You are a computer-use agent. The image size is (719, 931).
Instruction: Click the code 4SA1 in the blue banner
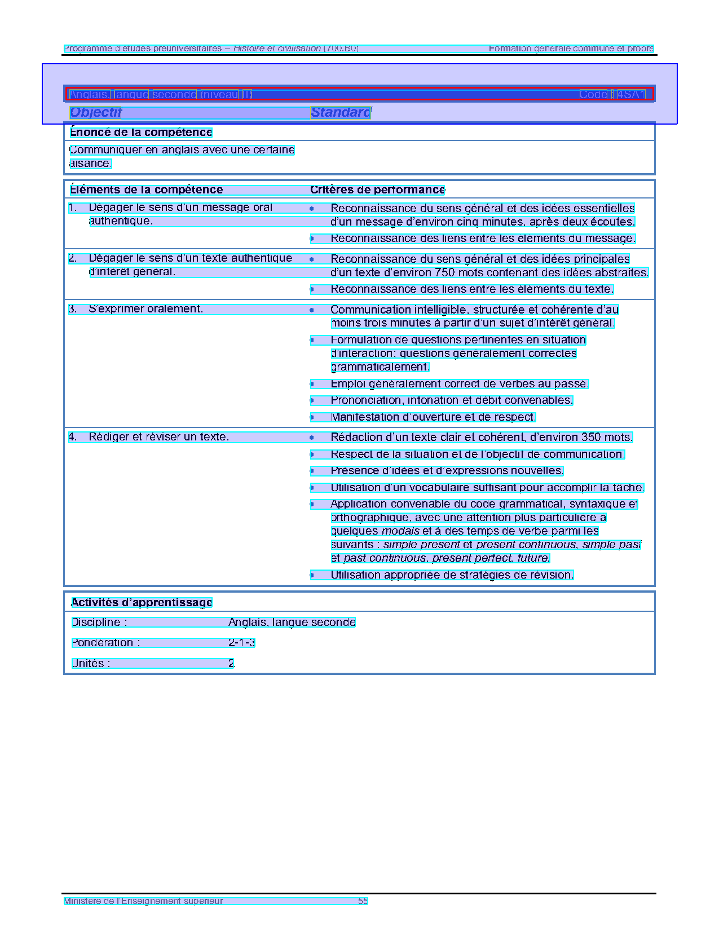630,94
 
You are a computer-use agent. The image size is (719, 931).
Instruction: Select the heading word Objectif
95,112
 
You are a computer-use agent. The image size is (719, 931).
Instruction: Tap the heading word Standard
341,112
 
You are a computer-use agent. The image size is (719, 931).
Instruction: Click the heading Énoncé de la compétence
141,133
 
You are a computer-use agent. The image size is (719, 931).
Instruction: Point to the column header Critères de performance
377,190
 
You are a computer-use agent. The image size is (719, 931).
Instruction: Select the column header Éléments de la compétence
147,190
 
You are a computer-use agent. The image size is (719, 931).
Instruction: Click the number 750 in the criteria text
445,273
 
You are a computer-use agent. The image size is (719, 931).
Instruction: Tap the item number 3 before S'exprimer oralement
72,309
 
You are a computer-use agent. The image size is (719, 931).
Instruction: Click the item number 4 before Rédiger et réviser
72,437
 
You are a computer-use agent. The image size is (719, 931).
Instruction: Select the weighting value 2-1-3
241,643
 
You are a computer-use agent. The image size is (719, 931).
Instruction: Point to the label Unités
90,664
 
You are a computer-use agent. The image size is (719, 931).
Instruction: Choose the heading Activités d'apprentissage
142,603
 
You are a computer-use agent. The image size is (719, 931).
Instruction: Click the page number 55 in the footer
363,901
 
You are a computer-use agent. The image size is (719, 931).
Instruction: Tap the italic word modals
400,531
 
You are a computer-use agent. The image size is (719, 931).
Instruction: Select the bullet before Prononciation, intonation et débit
312,401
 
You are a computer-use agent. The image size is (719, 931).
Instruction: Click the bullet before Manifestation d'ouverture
312,418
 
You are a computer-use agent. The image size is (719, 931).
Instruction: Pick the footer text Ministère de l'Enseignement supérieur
143,901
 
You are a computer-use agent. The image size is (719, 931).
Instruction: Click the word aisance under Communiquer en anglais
90,164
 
